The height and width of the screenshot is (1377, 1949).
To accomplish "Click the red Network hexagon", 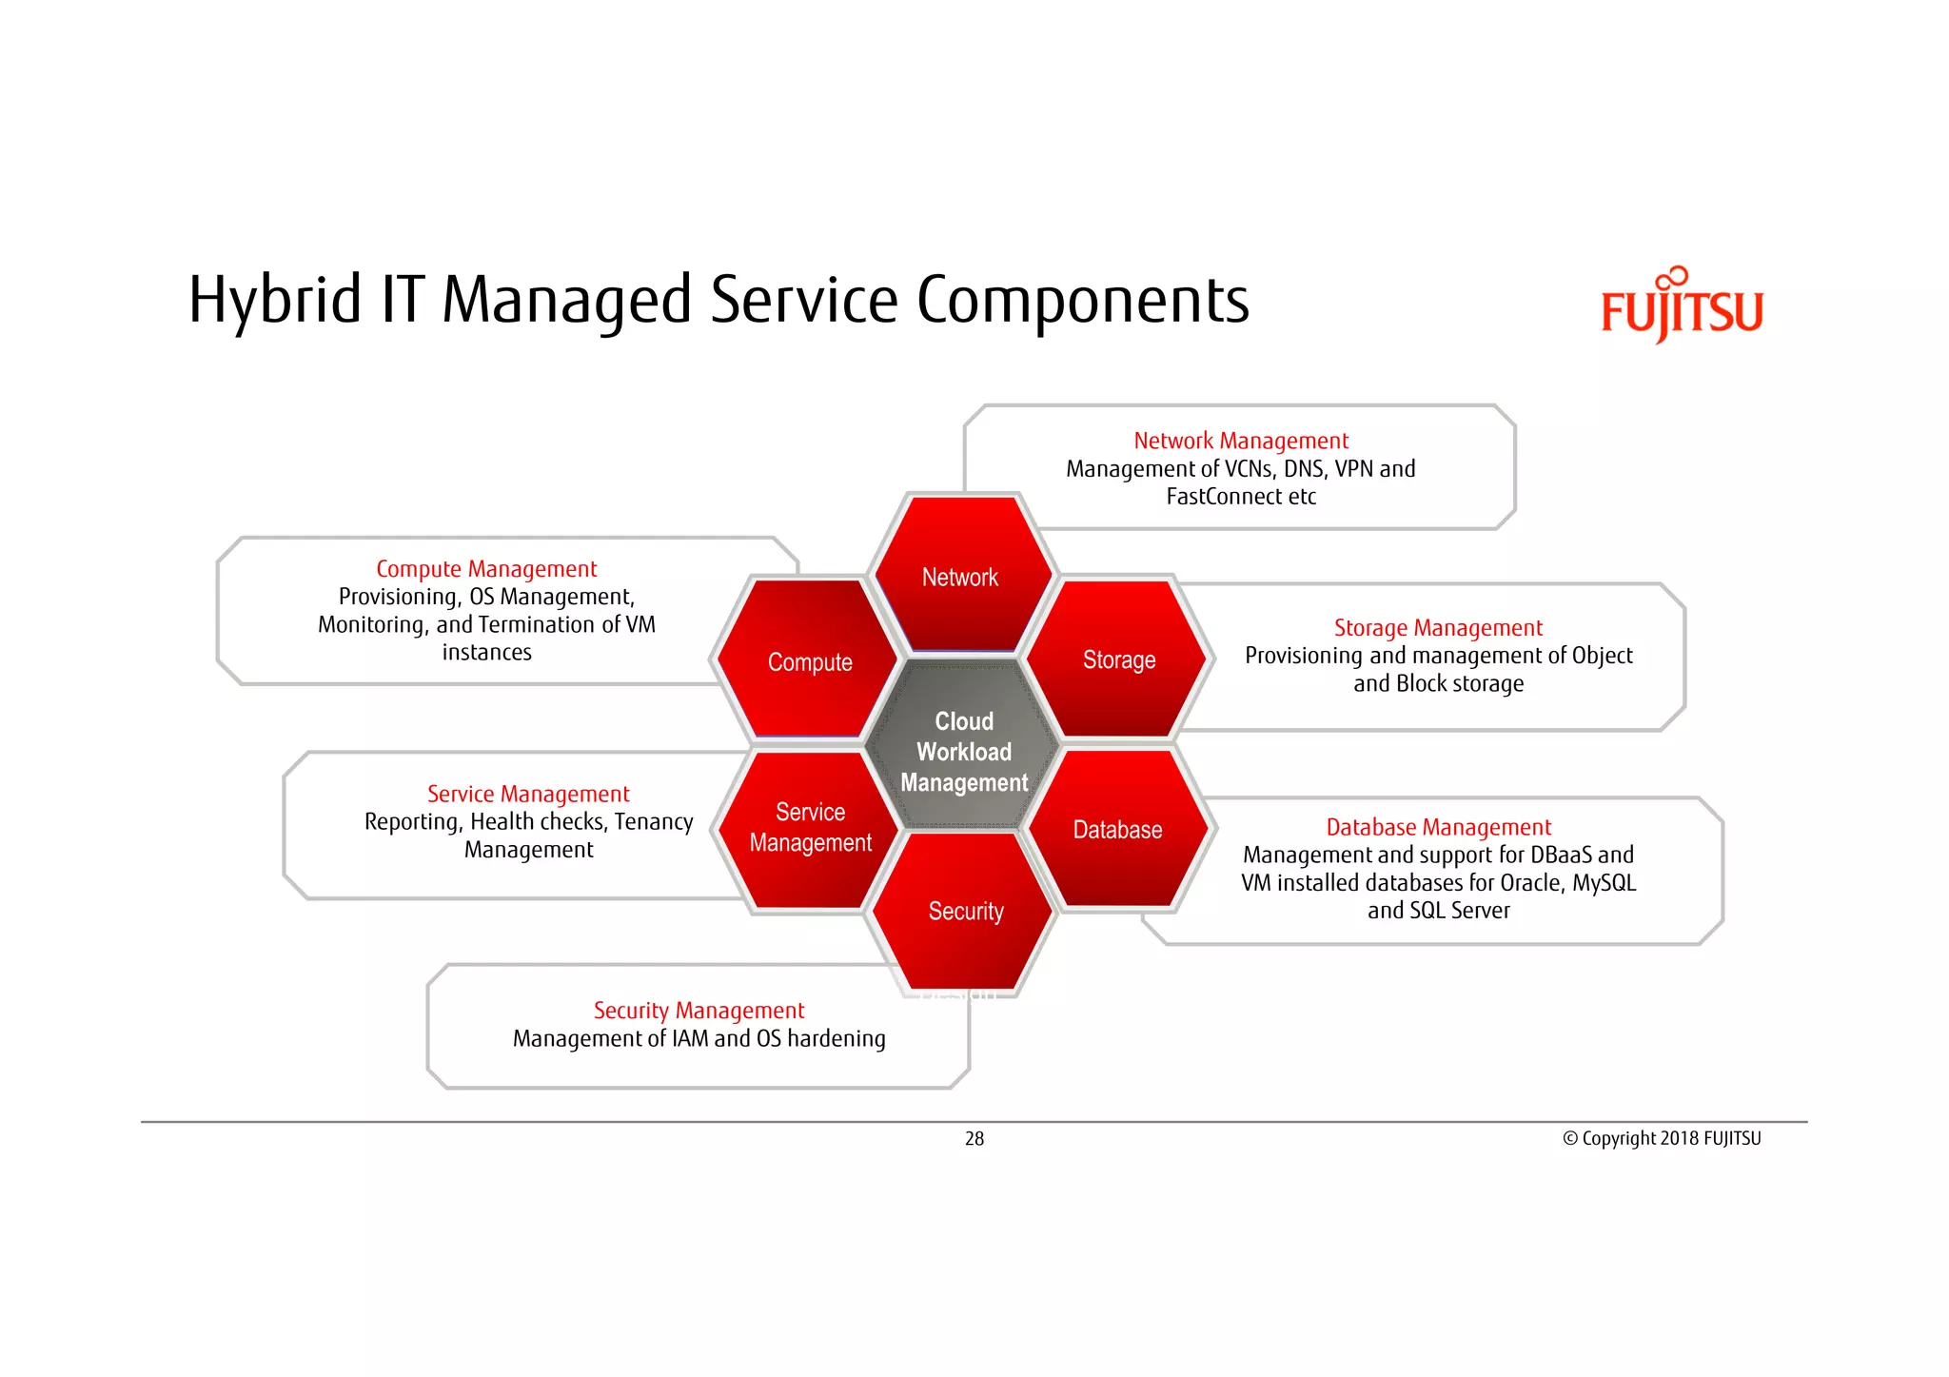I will (x=961, y=576).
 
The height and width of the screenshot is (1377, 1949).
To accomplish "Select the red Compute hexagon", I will (x=809, y=660).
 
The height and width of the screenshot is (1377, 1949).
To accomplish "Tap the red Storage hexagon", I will (x=1118, y=659).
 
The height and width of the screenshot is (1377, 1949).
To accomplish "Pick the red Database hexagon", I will (x=1117, y=829).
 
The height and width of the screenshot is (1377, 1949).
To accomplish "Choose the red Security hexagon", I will (x=964, y=911).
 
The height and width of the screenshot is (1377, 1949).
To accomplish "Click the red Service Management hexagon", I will (x=810, y=827).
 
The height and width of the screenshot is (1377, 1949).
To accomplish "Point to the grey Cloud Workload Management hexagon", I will (x=963, y=751).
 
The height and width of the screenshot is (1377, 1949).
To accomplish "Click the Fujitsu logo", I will (x=1682, y=306).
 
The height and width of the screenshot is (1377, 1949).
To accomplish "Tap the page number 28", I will (x=974, y=1138).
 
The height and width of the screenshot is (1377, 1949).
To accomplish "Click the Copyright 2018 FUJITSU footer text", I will (x=1662, y=1138).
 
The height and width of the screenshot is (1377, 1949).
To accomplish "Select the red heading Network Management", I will (x=1240, y=441).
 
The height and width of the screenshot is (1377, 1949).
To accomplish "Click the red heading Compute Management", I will (x=486, y=569).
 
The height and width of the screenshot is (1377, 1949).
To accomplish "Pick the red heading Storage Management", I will (x=1437, y=628).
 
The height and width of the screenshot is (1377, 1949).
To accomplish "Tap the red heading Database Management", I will (x=1437, y=827).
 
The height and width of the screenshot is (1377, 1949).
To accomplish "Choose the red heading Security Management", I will (x=699, y=1010).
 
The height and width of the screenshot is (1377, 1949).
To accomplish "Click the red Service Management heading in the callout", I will (x=528, y=794).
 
